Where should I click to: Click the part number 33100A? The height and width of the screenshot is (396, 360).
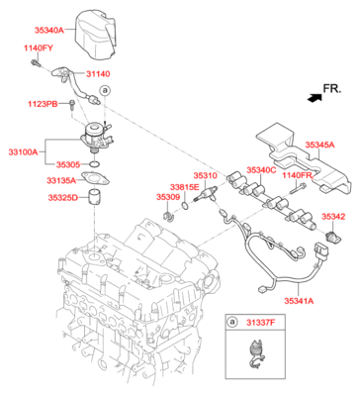24,152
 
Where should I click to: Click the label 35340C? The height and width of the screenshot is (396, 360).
261,170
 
